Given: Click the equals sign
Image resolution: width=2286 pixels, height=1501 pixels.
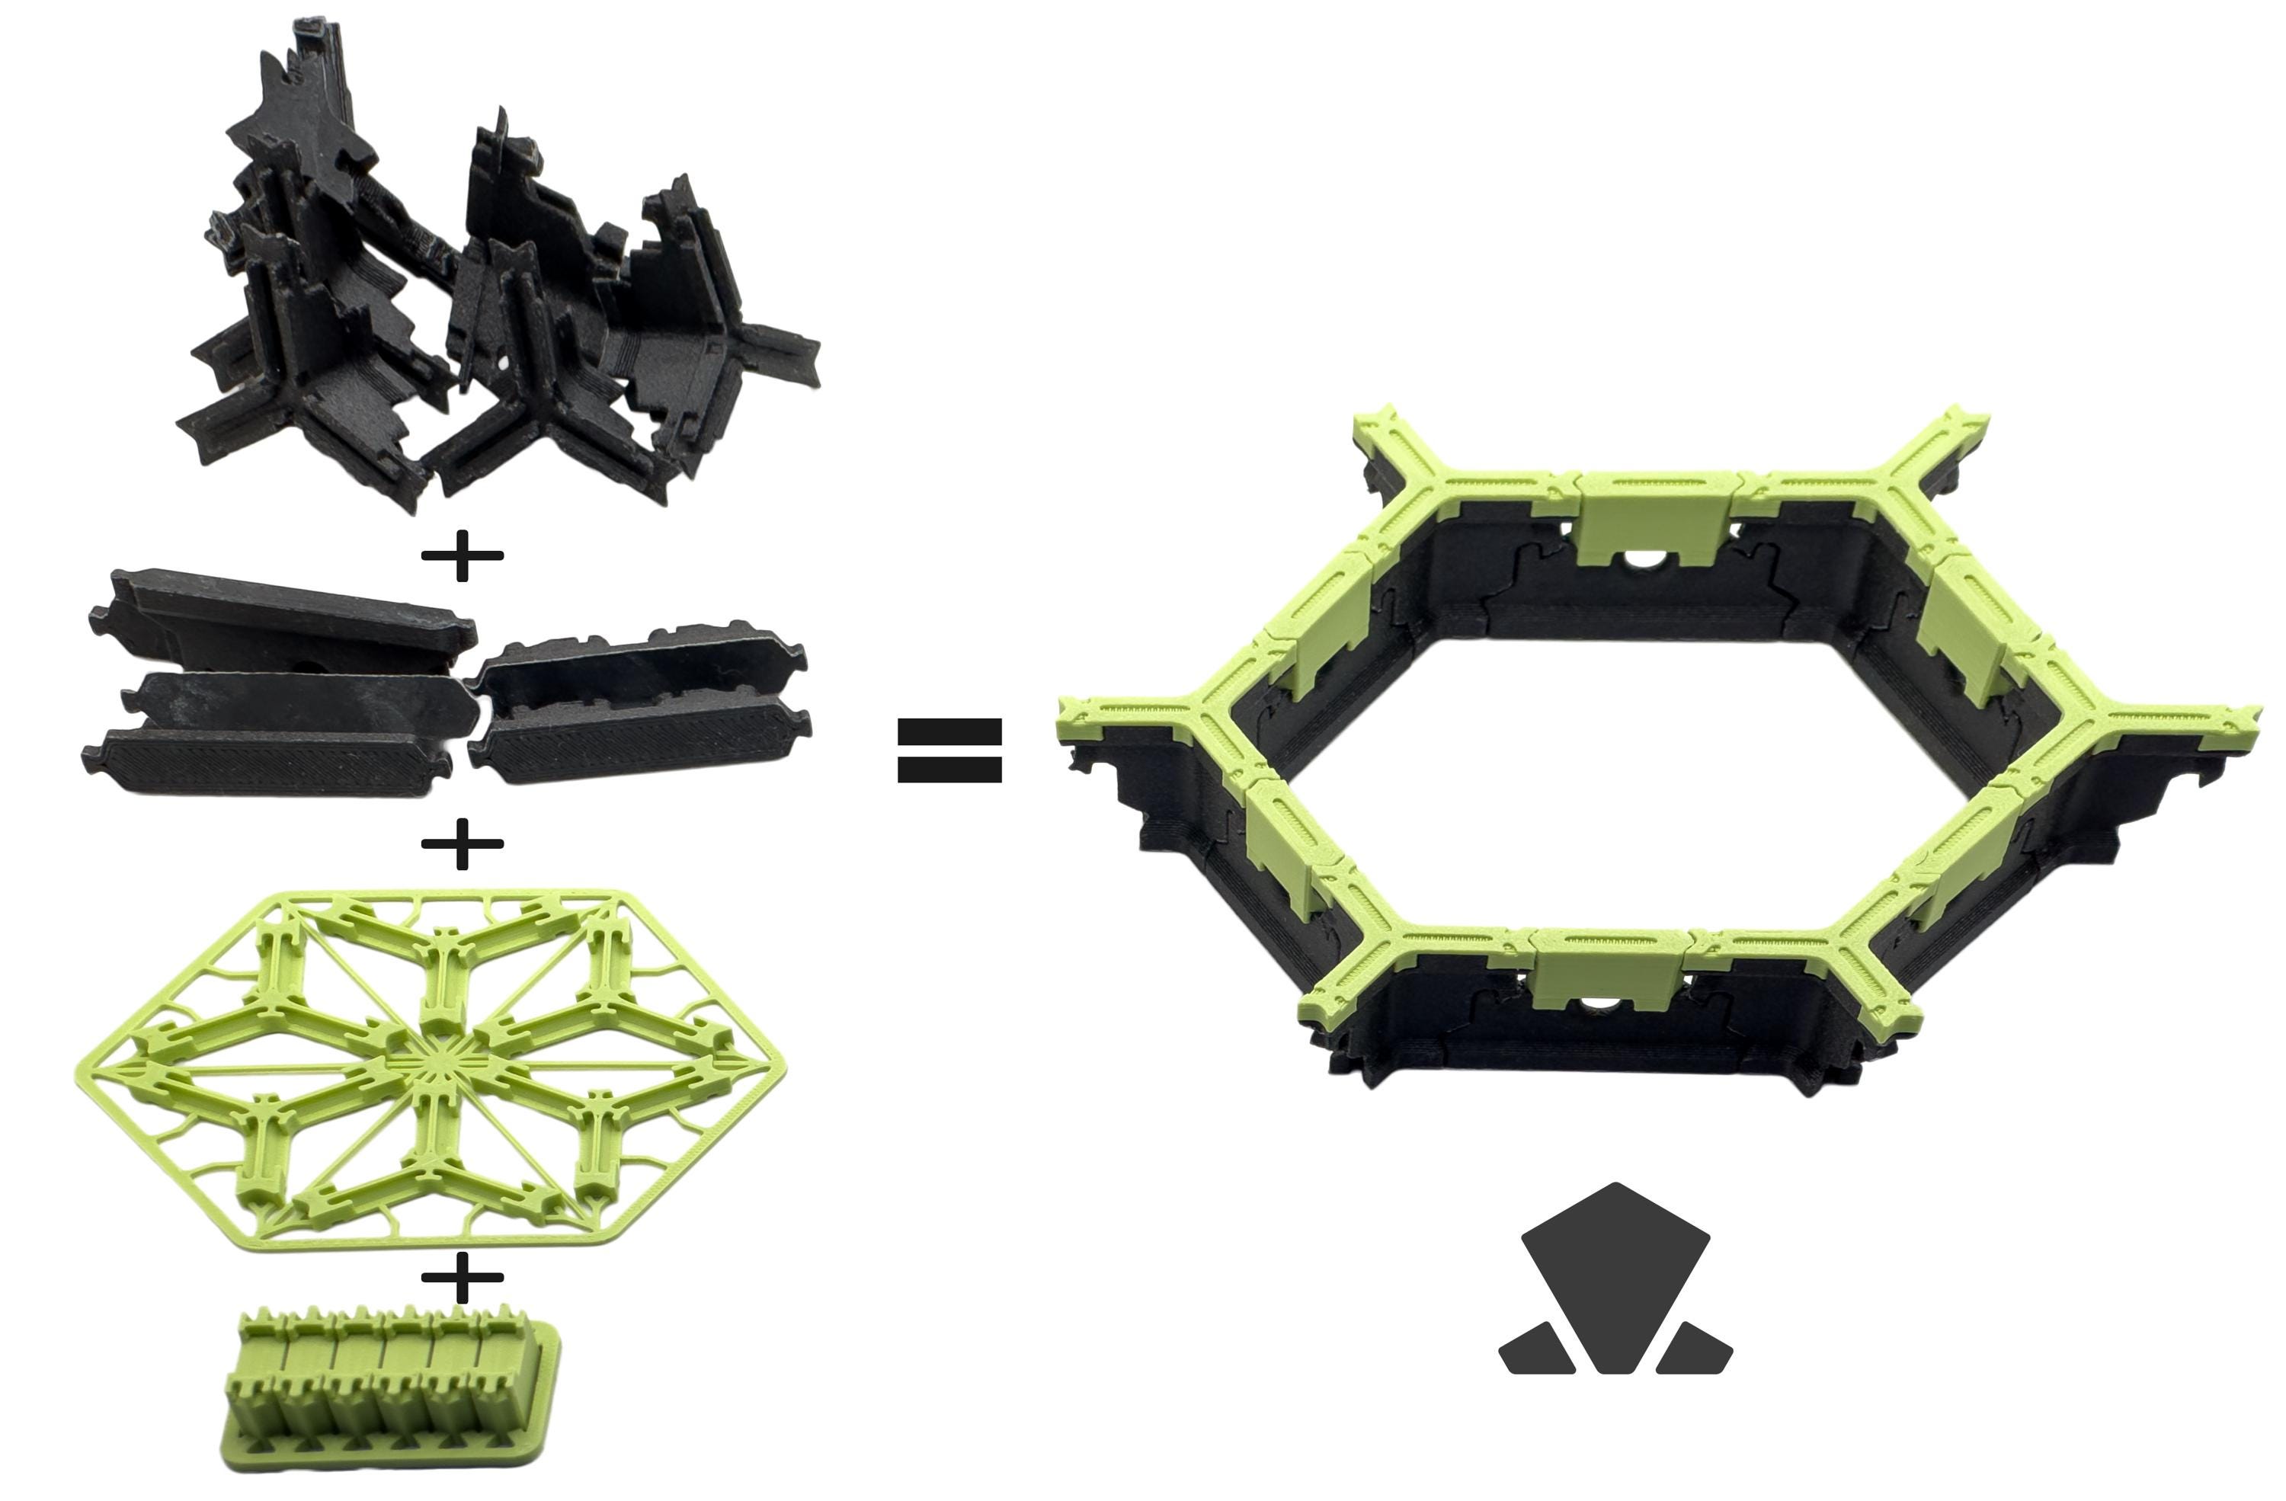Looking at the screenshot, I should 949,750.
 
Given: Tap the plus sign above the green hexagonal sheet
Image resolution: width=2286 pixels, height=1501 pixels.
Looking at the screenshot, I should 462,844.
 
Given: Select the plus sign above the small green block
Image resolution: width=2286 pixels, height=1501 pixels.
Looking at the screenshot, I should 462,1277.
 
